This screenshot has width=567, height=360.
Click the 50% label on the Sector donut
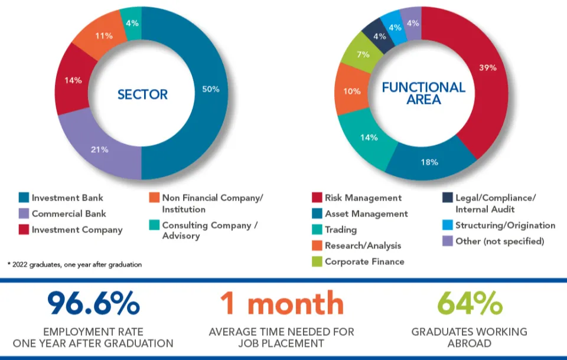(211, 89)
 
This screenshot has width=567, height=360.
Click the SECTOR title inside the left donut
(142, 94)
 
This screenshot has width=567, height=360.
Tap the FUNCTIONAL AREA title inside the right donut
(423, 93)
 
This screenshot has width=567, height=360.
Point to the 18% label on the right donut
(429, 161)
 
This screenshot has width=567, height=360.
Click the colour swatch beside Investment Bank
(24, 198)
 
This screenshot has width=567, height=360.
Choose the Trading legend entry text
(341, 230)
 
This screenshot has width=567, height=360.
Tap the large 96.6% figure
(93, 303)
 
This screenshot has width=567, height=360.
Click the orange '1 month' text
(282, 303)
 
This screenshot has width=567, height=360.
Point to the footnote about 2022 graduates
(74, 264)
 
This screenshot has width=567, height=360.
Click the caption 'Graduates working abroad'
(470, 337)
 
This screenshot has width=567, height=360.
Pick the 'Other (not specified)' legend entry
(499, 241)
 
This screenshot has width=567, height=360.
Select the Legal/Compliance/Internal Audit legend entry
(493, 204)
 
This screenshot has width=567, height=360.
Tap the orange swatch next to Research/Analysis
(316, 246)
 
